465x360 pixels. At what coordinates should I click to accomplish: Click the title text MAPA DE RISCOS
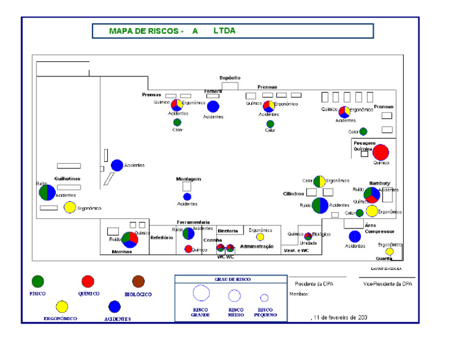[145, 31]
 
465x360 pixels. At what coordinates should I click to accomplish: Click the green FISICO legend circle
[38, 281]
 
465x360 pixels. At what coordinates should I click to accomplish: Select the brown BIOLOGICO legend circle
[139, 281]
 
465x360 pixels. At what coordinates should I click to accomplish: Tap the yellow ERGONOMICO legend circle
[62, 306]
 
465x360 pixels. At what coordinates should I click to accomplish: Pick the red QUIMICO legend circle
[88, 281]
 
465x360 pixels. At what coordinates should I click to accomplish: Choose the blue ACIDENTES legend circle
[114, 306]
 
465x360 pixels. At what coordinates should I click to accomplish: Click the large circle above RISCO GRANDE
[201, 293]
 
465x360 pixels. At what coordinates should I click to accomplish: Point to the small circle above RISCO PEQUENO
[264, 298]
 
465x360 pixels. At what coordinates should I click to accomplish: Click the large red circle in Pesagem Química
[381, 153]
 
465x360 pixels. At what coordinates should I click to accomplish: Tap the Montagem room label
[188, 179]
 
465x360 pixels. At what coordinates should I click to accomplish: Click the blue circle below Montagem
[187, 196]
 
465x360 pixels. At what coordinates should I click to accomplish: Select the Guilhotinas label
[67, 178]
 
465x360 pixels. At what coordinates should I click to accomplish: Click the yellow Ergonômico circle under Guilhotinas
[70, 208]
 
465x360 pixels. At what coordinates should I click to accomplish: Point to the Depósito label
[229, 78]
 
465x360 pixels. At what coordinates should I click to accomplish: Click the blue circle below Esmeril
[213, 107]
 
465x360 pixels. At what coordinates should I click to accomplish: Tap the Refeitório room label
[162, 238]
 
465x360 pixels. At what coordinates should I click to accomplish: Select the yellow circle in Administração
[260, 237]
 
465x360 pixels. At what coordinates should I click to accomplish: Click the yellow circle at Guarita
[390, 252]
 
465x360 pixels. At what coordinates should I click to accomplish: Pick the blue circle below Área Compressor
[355, 236]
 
